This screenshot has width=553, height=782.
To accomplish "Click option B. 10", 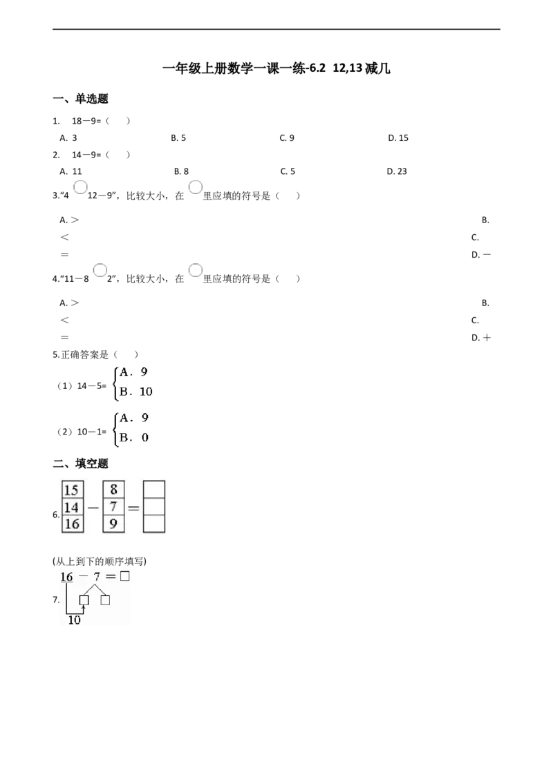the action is (135, 393).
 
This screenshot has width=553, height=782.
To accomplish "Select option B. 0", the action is (134, 437).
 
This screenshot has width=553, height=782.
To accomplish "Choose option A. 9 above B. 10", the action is (134, 371).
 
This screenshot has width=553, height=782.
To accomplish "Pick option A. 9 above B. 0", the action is (134, 417).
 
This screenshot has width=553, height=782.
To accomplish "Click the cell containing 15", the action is (71, 490).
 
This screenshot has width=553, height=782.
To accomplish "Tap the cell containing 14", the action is (71, 507).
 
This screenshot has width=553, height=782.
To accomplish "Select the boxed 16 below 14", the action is (71, 524).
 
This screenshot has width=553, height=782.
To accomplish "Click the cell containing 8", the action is (113, 490).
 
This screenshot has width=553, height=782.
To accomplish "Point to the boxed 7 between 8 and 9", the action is (113, 507).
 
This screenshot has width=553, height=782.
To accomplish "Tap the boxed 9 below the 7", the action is (113, 524).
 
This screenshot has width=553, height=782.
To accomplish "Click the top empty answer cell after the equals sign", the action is (154, 489).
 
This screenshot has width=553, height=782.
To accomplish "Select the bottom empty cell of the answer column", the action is (154, 524).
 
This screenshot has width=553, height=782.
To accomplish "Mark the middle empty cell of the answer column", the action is (154, 507).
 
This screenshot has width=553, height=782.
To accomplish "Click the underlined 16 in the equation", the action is (66, 577).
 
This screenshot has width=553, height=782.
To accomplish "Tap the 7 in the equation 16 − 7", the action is (97, 577).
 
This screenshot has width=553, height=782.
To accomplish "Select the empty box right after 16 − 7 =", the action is (125, 575).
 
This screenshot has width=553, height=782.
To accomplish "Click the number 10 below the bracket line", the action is (74, 620).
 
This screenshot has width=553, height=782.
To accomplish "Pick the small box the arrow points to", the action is (84, 600).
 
